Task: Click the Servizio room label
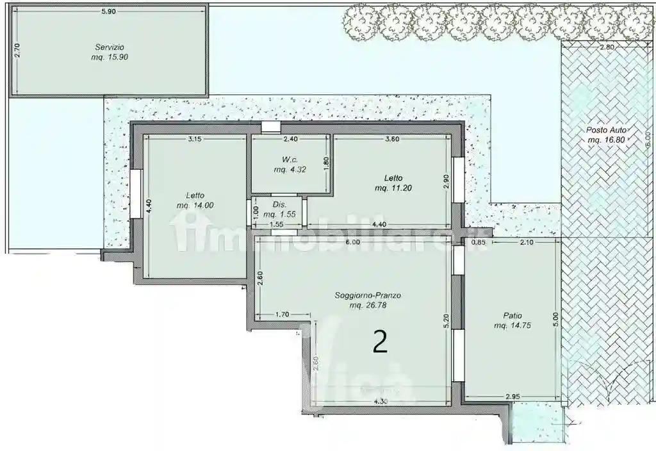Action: tap(110, 47)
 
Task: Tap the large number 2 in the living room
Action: tap(380, 343)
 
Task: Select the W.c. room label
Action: tap(287, 160)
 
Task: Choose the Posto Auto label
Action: tap(607, 130)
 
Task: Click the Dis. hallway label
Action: tap(279, 205)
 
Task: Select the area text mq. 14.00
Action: tap(195, 205)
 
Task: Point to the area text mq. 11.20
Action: tap(393, 188)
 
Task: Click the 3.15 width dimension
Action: tap(194, 139)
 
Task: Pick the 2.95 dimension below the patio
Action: tap(512, 397)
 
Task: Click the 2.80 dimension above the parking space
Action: tap(607, 47)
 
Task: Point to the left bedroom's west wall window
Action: tap(136, 193)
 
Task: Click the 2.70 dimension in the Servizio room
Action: tap(18, 51)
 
